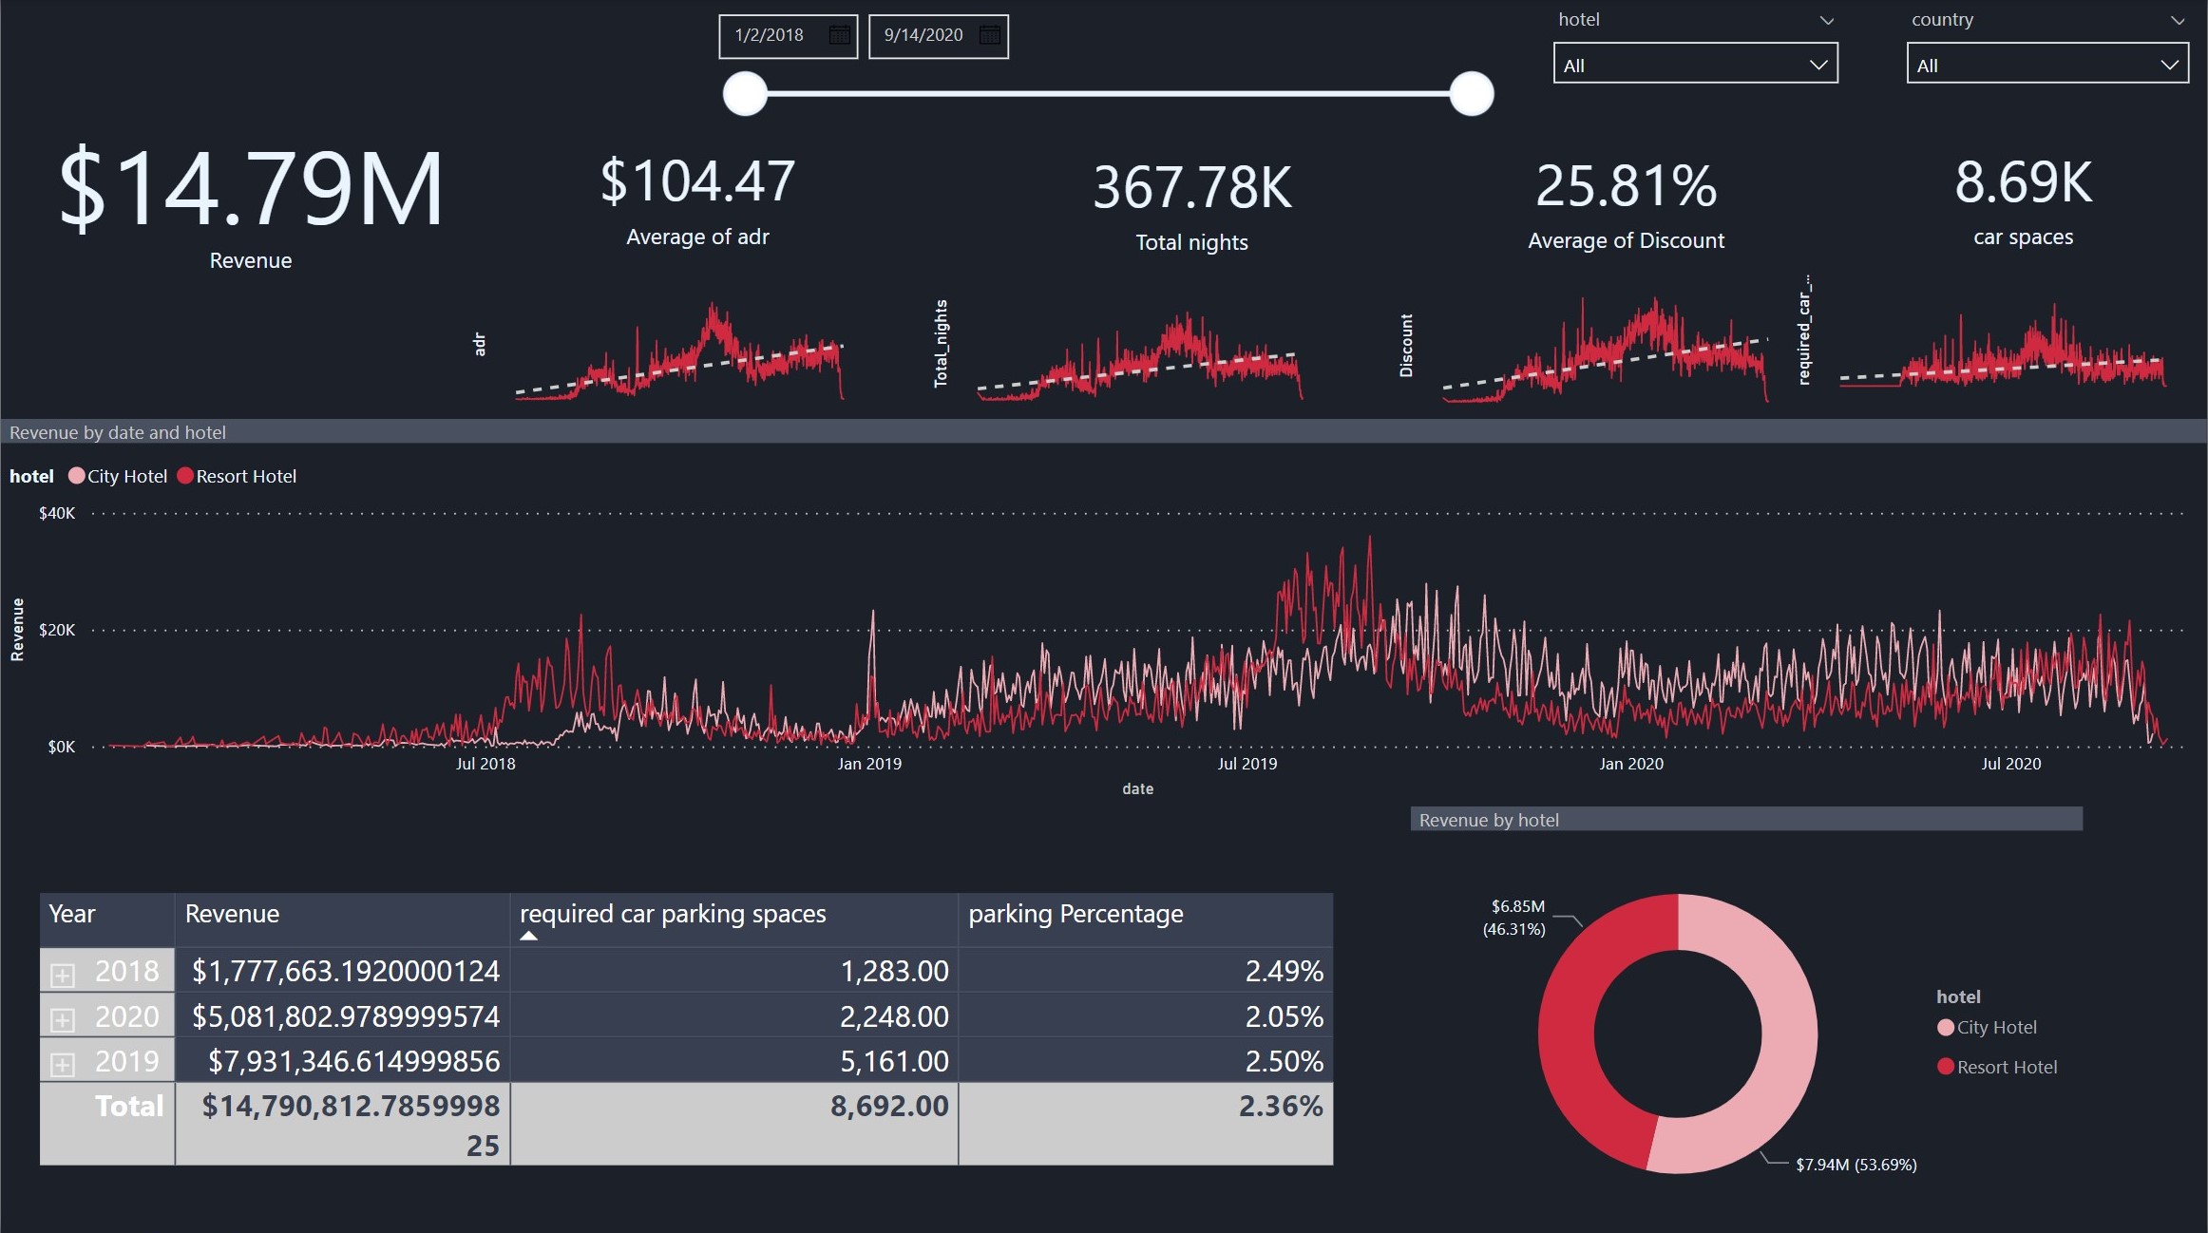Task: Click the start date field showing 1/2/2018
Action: point(770,35)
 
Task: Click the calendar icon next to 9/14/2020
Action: point(989,35)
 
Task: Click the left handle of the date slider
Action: point(745,93)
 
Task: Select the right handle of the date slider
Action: point(1472,93)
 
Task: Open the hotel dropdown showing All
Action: point(1695,65)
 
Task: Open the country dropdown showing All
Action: point(2047,65)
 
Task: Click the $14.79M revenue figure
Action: point(251,190)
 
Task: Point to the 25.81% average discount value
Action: point(1626,186)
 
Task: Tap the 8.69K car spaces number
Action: point(2023,182)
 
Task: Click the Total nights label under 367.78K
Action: point(1191,242)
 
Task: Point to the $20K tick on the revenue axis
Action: point(57,630)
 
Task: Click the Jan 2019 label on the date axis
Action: point(868,764)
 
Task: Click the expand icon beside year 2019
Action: point(63,1064)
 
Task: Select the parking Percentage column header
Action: point(1075,914)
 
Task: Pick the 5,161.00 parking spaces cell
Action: point(893,1061)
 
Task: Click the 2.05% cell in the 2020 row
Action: point(1284,1016)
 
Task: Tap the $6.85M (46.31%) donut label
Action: point(1516,918)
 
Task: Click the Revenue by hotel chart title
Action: point(1489,820)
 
